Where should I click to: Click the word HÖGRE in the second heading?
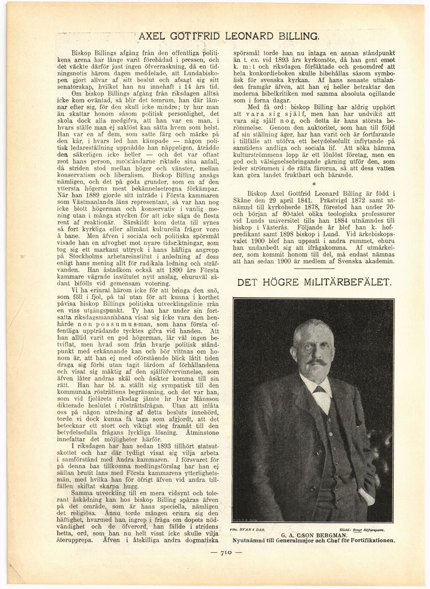coord(280,283)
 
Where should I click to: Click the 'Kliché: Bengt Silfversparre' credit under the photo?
coord(363,529)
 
